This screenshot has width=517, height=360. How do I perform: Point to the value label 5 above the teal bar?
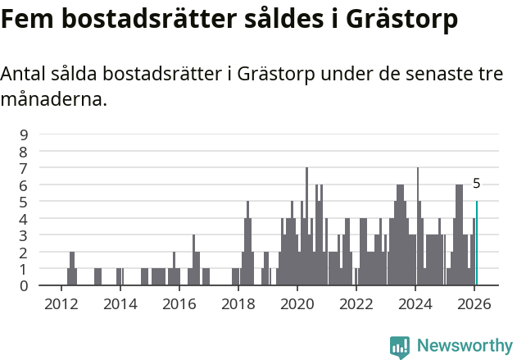477,184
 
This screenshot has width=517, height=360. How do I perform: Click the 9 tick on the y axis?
25,134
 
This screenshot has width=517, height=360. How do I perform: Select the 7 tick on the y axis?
25,168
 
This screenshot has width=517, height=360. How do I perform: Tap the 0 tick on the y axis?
25,285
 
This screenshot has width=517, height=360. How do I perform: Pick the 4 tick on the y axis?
25,219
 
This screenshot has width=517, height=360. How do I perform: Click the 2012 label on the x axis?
61,303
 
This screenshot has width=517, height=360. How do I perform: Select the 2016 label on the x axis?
179,303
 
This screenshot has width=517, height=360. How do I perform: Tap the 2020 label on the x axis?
297,303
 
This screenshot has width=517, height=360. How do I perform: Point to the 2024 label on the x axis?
415,303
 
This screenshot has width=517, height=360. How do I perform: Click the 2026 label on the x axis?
474,303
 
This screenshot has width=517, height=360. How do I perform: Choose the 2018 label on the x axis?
238,303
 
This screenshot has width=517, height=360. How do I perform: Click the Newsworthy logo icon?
400,347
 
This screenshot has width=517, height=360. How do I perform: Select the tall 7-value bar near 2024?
418,226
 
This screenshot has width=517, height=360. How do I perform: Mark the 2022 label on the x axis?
356,303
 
